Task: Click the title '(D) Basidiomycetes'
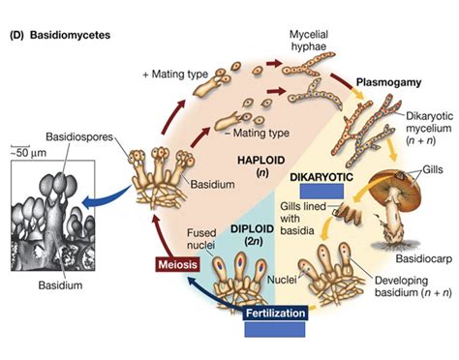point(60,36)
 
